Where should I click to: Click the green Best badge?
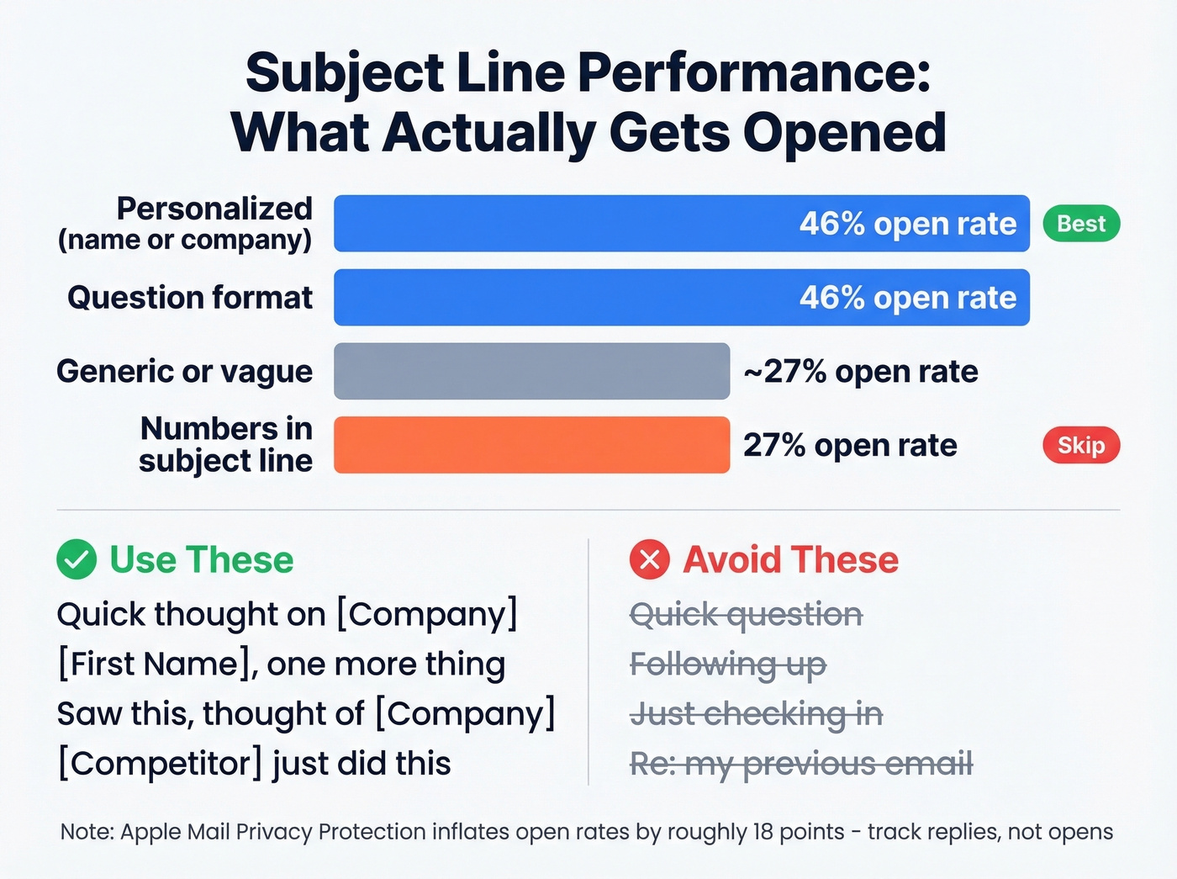pos(1081,224)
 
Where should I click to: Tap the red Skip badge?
pos(1081,445)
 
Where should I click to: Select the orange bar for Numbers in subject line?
pos(531,445)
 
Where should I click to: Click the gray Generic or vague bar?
pos(531,371)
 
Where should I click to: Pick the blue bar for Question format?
pos(681,298)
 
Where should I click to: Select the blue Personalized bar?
pos(681,224)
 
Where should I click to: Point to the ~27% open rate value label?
pos(861,371)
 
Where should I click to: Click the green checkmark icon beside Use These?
pos(77,559)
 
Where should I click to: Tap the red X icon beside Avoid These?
pos(650,559)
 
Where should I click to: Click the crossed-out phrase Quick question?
pos(747,615)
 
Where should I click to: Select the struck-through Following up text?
pos(728,665)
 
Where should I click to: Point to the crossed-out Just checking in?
pos(757,714)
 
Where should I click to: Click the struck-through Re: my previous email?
pos(801,764)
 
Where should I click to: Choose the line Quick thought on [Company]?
pos(288,615)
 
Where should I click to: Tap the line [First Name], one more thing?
pos(282,665)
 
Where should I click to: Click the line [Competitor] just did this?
pos(255,764)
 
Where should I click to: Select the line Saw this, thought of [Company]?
pos(307,714)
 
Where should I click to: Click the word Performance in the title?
pos(754,73)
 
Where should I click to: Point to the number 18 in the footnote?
pos(763,832)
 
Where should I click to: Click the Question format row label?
pos(190,298)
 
